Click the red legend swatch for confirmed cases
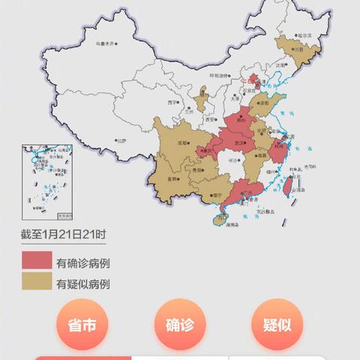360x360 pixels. (x=35, y=262)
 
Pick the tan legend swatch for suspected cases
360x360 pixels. (x=35, y=283)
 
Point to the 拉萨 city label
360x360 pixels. (x=119, y=140)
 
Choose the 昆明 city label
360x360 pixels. (x=173, y=179)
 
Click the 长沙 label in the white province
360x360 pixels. (x=234, y=160)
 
